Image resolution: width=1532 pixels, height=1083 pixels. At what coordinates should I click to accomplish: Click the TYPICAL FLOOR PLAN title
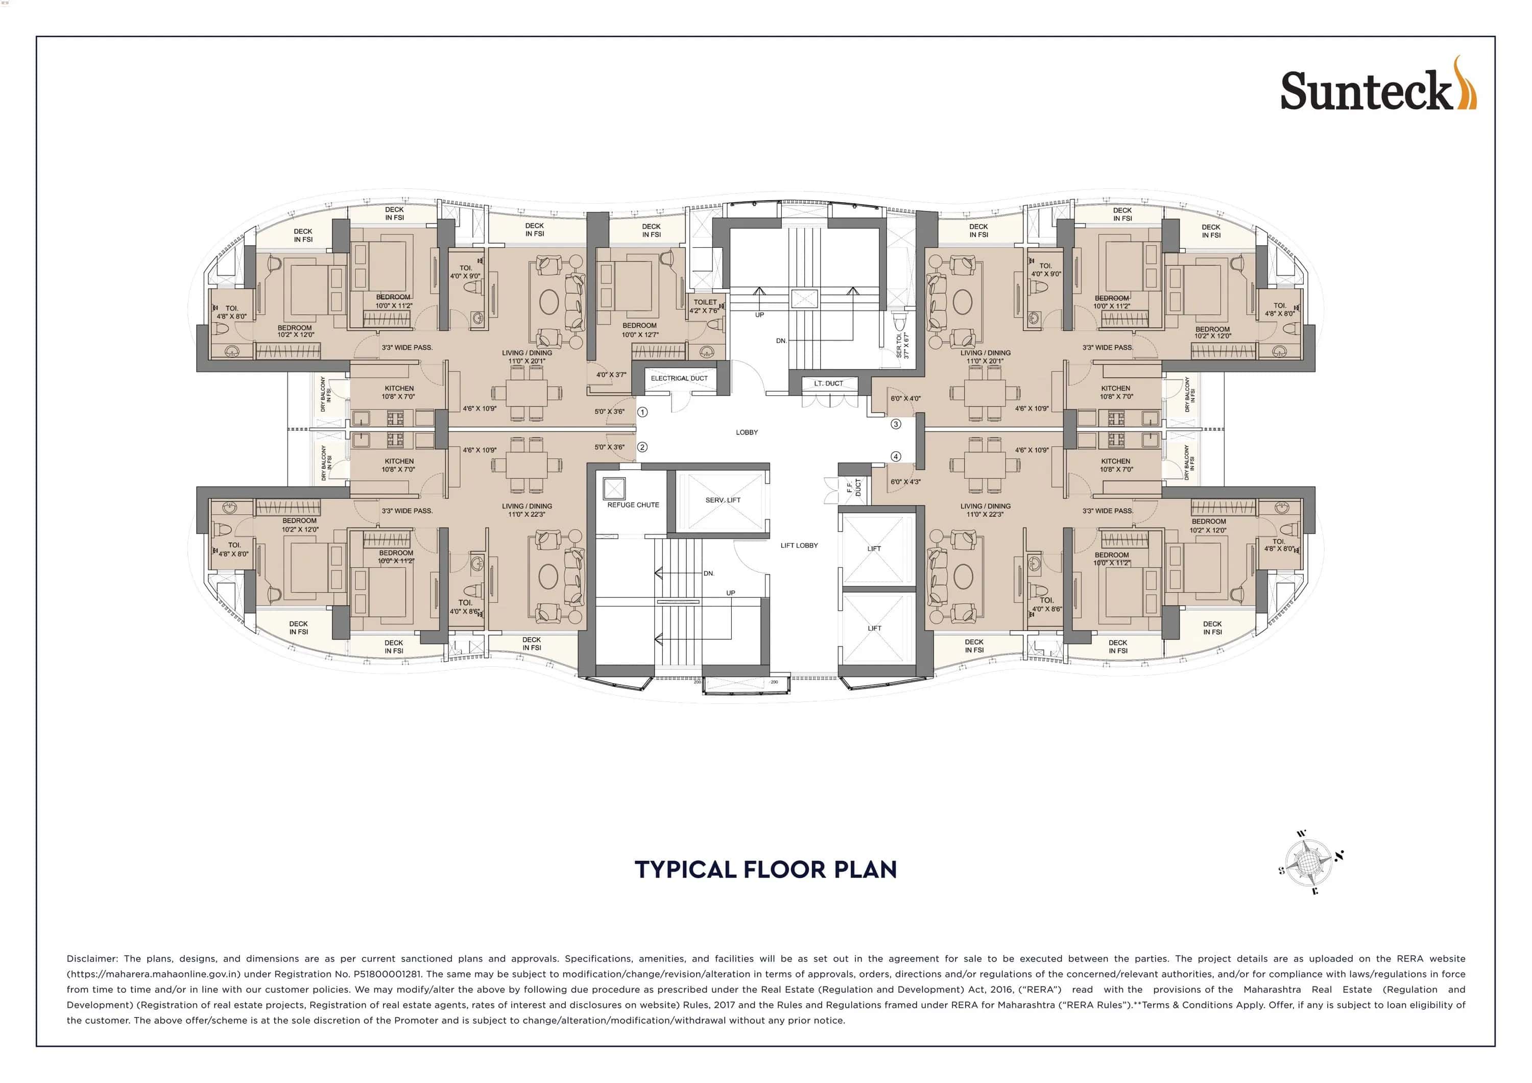tap(765, 870)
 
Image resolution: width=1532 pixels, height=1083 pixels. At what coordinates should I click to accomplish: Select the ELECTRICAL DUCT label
tap(679, 378)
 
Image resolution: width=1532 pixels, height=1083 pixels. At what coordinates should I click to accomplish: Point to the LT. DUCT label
tap(828, 383)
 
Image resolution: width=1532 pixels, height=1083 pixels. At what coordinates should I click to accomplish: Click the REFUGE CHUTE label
tap(633, 505)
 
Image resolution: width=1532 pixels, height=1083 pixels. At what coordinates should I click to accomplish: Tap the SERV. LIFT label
tap(723, 500)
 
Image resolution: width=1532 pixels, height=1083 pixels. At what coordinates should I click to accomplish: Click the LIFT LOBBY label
tap(799, 545)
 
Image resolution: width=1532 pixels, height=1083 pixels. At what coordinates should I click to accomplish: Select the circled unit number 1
tap(642, 413)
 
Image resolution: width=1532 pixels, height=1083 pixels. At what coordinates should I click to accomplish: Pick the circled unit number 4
tap(895, 456)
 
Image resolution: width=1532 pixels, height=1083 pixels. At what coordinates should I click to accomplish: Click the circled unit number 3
tap(895, 424)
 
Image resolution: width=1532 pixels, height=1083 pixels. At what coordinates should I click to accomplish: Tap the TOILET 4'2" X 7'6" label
tap(705, 306)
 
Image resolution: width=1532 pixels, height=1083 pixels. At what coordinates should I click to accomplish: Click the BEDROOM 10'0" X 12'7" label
tap(639, 330)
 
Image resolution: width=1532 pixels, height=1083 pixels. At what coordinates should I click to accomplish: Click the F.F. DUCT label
tap(853, 488)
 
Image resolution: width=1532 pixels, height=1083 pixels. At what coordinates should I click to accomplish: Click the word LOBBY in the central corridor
tap(747, 432)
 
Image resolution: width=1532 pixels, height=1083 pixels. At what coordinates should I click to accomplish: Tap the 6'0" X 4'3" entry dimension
tap(905, 482)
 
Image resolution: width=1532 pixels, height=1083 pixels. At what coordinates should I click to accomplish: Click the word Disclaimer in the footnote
tap(91, 959)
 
